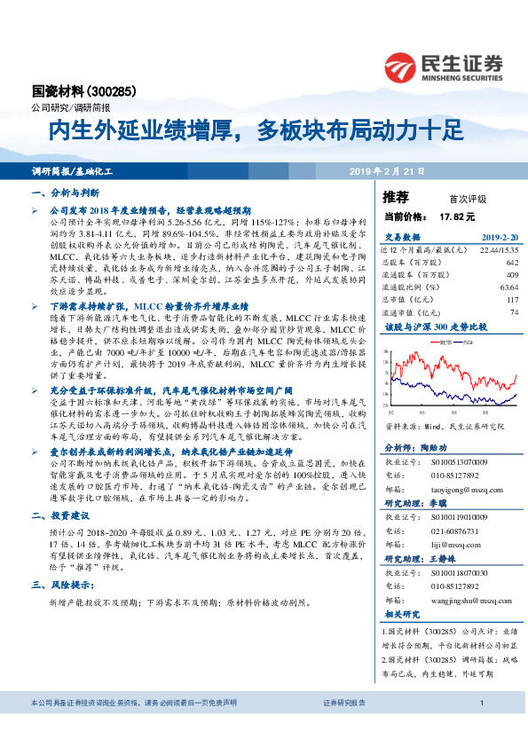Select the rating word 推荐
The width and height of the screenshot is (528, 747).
[396, 197]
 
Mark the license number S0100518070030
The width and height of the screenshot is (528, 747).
[461, 575]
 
